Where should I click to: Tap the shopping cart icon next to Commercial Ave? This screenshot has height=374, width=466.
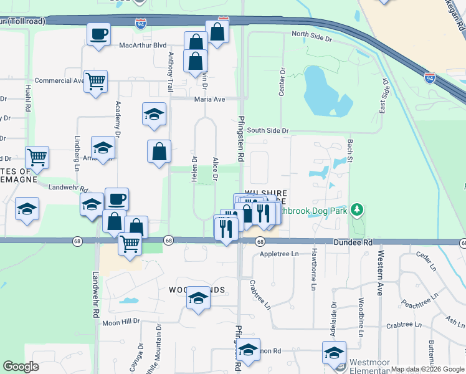pos(95,80)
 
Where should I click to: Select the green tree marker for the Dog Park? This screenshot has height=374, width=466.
pos(357,209)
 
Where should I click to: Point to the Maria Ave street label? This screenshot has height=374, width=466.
pos(209,99)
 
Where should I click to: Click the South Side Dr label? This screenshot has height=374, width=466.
pos(268,131)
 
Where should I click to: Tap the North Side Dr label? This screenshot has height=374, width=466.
pos(312,37)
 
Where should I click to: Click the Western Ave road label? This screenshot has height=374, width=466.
pos(379,275)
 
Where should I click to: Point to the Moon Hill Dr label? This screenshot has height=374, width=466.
pos(121,322)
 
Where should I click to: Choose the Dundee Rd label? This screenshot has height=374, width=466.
pos(352,242)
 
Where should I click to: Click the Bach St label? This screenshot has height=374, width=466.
pos(349,152)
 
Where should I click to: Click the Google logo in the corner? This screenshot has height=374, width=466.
pos(21,367)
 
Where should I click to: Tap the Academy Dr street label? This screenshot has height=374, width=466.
pos(117,118)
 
